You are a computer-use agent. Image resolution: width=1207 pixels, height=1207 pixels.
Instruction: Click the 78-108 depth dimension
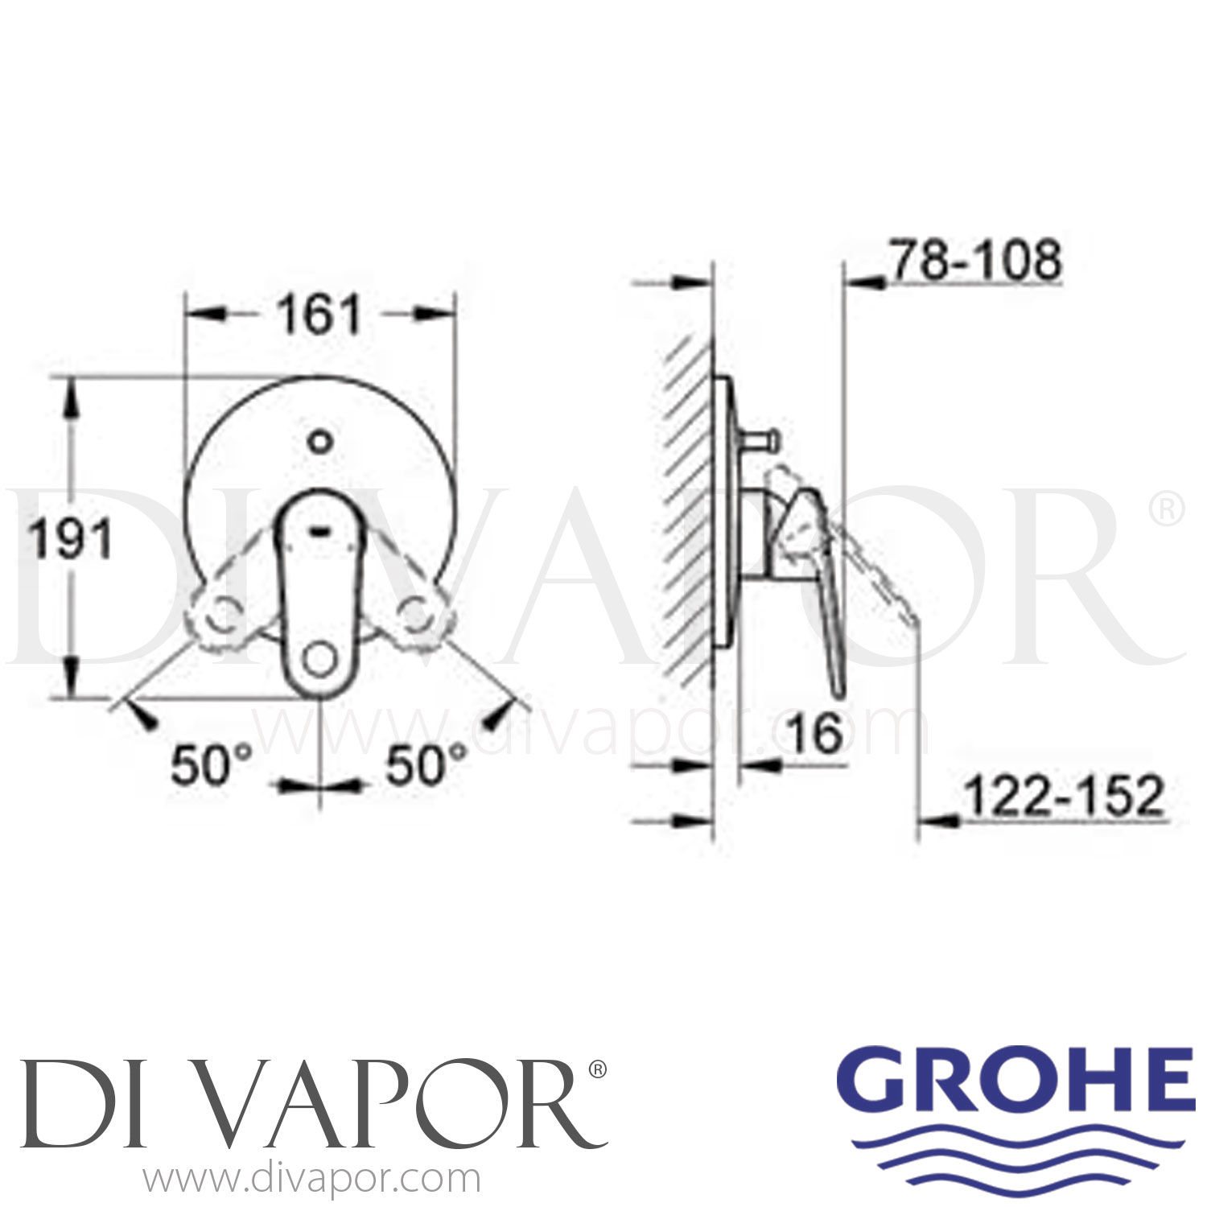976,260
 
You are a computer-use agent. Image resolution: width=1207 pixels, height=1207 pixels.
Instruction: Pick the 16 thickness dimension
816,732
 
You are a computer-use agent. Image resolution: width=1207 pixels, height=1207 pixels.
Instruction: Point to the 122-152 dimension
1064,796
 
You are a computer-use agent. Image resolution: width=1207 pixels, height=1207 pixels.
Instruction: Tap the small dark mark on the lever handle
320,530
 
